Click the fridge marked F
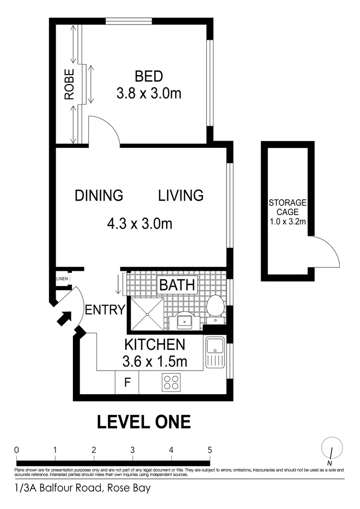(x=127, y=383)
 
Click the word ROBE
(x=70, y=85)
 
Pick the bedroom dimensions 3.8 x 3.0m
(x=149, y=93)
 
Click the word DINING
(x=99, y=196)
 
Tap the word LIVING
(x=181, y=196)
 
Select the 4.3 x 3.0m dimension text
(x=139, y=223)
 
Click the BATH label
(x=177, y=285)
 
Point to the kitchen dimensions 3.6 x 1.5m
(x=155, y=360)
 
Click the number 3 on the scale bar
(x=132, y=450)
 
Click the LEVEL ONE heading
(x=144, y=422)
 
